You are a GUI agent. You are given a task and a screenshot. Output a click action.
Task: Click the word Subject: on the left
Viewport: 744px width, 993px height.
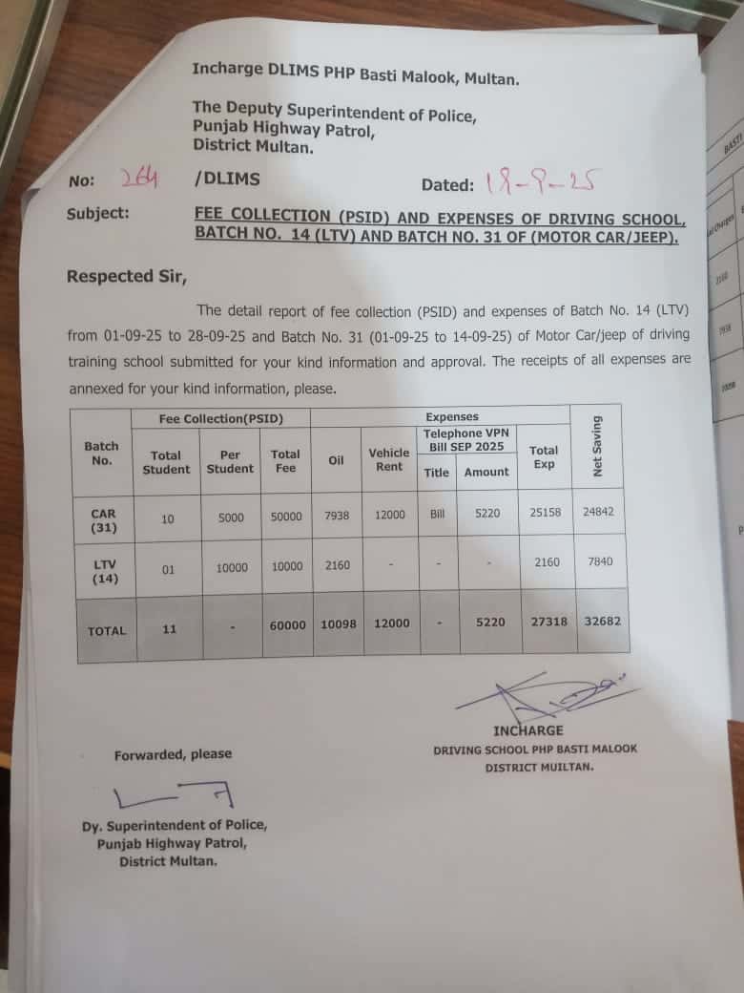[x=98, y=214]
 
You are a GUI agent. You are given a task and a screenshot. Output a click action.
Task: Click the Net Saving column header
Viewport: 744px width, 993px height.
[x=598, y=447]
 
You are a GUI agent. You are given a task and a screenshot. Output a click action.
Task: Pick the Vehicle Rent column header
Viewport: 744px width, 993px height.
[x=389, y=459]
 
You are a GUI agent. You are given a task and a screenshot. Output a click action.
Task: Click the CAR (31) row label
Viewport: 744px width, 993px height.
[x=103, y=519]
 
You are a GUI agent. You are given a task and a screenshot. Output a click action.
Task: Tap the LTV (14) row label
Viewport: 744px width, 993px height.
[x=103, y=571]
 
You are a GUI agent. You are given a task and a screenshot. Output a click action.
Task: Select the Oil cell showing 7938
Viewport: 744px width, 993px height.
[x=337, y=515]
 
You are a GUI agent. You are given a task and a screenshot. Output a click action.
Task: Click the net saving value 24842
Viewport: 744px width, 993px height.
[x=598, y=512]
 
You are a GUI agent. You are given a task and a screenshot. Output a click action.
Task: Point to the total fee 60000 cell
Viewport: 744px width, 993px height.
[x=287, y=624]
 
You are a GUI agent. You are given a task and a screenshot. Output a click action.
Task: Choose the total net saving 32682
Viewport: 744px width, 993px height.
[x=602, y=621]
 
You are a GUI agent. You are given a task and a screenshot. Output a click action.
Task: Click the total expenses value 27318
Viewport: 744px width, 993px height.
[x=548, y=622]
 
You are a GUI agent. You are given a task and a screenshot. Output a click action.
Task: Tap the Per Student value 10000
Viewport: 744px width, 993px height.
[x=232, y=567]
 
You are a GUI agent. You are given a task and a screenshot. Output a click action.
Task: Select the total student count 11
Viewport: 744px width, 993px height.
[x=169, y=629]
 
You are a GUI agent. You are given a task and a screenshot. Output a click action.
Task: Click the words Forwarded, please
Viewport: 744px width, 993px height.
[x=173, y=754]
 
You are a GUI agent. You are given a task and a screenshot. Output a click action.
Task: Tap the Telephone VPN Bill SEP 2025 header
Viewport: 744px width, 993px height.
[x=466, y=439]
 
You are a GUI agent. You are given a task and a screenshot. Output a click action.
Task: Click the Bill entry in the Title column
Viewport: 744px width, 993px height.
[x=437, y=514]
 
